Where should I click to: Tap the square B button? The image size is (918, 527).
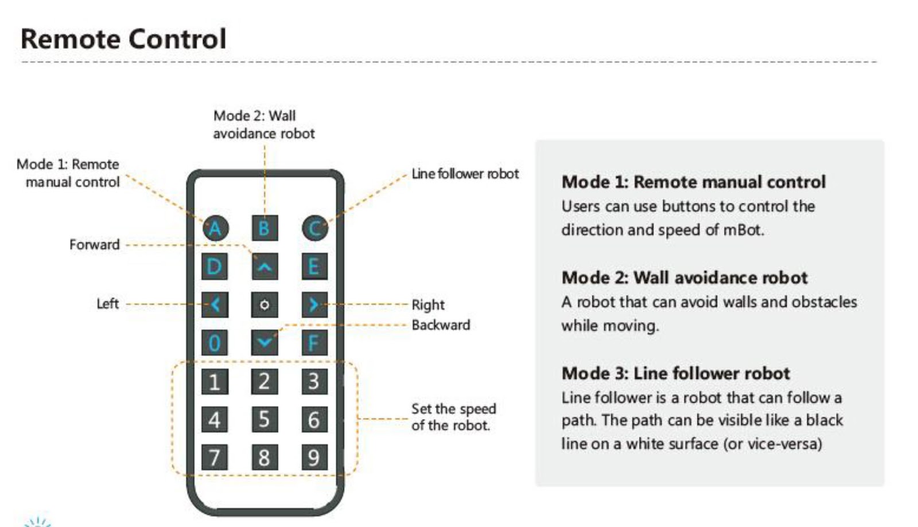tap(264, 228)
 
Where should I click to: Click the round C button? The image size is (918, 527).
tap(314, 228)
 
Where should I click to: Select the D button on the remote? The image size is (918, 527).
tap(215, 267)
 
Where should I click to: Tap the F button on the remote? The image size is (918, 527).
tap(314, 343)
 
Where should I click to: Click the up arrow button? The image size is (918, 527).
tap(264, 267)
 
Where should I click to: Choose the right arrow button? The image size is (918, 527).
tap(314, 305)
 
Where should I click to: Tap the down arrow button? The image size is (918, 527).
tap(264, 343)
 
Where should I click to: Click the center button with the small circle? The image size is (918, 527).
tap(264, 305)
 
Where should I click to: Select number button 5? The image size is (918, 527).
tap(264, 419)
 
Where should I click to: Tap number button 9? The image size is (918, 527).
tap(314, 458)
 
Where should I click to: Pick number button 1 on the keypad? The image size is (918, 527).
tap(215, 381)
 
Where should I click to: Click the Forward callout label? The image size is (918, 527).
tap(95, 245)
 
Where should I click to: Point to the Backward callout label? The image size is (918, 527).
tap(441, 325)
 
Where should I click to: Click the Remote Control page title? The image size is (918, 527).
tap(123, 39)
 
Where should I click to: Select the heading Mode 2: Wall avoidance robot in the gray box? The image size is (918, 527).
tap(684, 278)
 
